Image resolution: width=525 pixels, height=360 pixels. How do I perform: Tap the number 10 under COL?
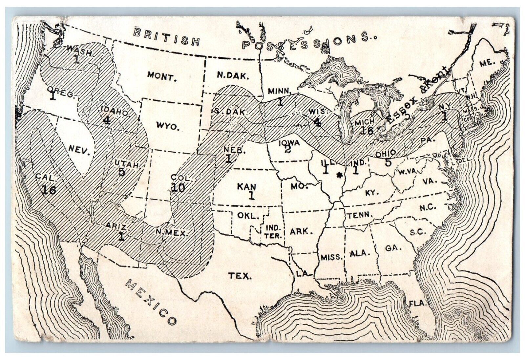(178, 187)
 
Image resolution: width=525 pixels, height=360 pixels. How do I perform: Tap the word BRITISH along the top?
(167, 36)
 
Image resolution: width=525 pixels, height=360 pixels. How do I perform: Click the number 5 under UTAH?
(121, 172)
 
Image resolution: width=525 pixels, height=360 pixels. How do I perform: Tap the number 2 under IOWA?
(287, 150)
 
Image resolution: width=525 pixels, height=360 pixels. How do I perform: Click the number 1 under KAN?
(251, 196)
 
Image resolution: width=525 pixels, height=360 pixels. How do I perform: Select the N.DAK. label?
(233, 75)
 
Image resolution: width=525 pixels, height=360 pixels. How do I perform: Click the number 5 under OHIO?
(388, 162)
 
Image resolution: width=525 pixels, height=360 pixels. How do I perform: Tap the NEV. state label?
(79, 151)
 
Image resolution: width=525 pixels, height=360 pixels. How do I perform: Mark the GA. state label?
(392, 248)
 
